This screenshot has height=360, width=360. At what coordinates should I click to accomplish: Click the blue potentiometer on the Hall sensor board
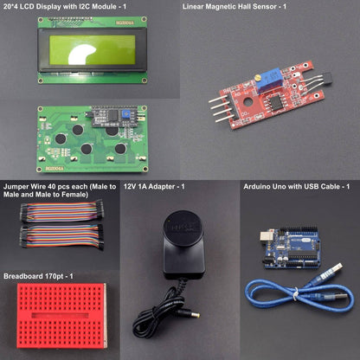267,80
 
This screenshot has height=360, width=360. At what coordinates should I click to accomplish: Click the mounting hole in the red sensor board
247,102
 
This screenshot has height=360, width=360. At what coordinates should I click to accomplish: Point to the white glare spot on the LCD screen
81,55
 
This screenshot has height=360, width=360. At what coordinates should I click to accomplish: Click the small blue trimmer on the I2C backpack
125,114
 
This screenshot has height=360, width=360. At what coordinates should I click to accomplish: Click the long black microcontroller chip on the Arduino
303,254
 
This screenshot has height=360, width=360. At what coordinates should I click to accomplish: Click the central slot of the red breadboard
60,315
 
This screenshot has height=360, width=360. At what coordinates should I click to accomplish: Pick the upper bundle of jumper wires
61,212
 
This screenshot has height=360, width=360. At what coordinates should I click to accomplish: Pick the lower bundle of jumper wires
61,236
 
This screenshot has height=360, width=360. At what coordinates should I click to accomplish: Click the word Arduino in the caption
255,187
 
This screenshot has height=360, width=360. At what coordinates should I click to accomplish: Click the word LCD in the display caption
27,7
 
